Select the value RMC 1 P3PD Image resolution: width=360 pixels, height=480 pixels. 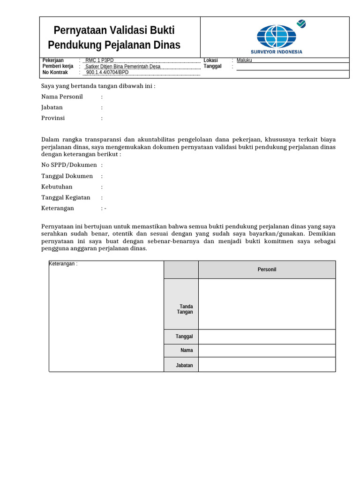(99, 60)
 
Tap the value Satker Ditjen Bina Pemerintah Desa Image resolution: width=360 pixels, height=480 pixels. (123, 67)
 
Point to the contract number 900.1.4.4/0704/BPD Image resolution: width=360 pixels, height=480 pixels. (107, 73)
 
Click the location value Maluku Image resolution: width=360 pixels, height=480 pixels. (244, 60)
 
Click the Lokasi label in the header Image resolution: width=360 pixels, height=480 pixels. (209, 60)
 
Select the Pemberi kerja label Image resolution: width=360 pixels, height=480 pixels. (58, 67)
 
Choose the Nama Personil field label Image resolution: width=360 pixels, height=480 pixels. (62, 97)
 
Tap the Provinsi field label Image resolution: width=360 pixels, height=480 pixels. (53, 118)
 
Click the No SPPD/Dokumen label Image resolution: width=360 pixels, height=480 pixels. (69, 165)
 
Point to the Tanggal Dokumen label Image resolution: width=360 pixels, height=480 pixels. (67, 176)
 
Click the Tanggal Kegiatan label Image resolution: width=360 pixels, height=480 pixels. (66, 197)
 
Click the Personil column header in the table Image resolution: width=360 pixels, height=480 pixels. (267, 270)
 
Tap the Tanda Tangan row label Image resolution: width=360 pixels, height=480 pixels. (186, 309)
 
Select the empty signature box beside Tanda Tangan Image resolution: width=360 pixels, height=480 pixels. (267, 304)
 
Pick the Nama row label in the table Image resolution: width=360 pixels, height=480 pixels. (187, 350)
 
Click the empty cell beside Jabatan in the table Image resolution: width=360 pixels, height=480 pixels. (267, 365)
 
